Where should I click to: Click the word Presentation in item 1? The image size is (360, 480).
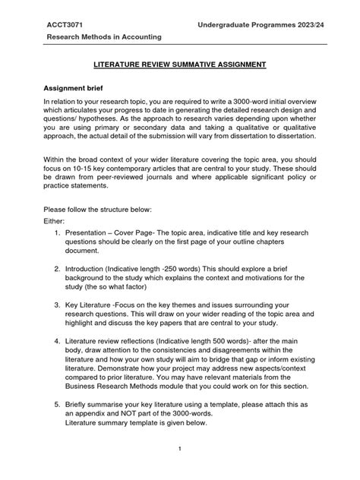tap(88, 251)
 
